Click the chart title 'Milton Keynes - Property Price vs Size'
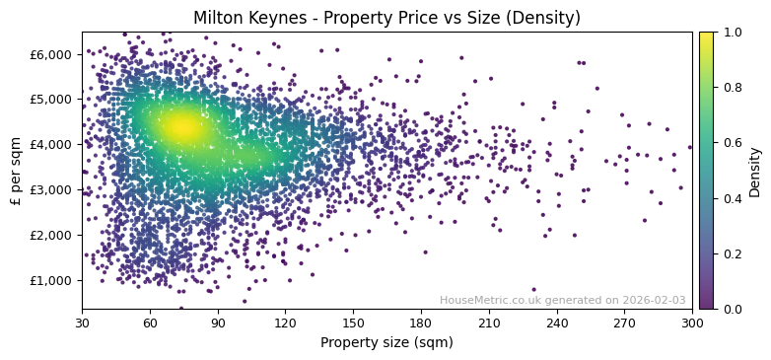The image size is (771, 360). click(x=386, y=18)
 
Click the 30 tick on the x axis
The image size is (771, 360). click(x=82, y=322)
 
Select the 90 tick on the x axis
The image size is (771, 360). click(x=218, y=322)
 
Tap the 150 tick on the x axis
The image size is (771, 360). click(x=353, y=322)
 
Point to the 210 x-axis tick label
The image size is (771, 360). click(x=489, y=322)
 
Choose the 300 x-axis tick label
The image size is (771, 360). click(x=692, y=322)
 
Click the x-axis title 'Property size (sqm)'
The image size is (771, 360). click(x=386, y=342)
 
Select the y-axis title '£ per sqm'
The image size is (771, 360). click(x=16, y=170)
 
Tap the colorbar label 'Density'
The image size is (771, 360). click(x=754, y=172)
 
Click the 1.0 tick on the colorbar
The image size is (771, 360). click(x=730, y=33)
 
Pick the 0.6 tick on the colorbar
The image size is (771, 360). click(x=730, y=143)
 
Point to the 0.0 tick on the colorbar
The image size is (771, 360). click(x=730, y=309)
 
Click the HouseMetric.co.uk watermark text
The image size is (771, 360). click(x=562, y=300)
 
